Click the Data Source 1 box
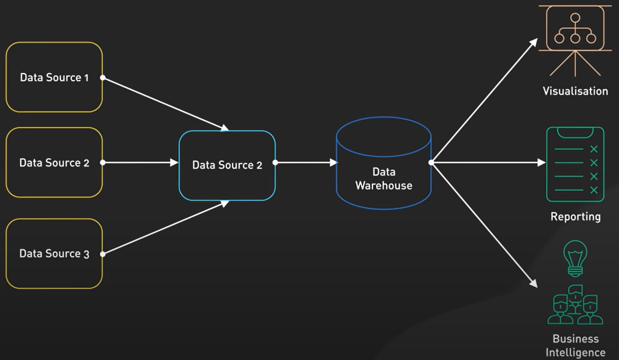[54, 77]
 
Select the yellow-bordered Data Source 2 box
[54, 163]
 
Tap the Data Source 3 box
[54, 254]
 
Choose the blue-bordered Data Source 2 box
[227, 165]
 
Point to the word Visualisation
[575, 91]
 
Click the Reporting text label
[575, 216]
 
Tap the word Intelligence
[575, 353]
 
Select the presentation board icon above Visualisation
[575, 39]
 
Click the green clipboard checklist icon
[575, 164]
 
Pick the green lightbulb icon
[575, 258]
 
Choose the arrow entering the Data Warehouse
[306, 163]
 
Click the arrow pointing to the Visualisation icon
[484, 101]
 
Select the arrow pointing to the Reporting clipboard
[488, 163]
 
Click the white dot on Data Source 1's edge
[103, 78]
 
